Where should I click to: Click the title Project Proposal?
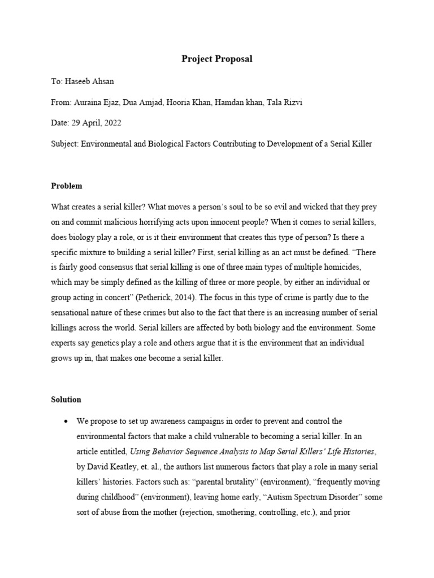click(217, 59)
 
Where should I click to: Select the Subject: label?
click(64, 143)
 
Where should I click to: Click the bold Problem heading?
click(66, 186)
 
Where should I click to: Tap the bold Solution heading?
click(66, 399)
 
